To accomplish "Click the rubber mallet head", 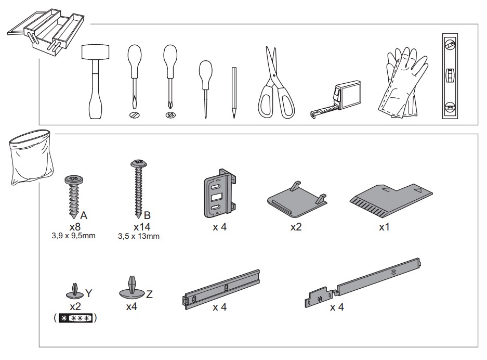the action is (95, 52).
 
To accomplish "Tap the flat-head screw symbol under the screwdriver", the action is (135, 115).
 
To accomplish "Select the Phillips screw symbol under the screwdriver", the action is (171, 115).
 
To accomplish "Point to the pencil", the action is (234, 92).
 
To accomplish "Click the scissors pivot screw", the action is (273, 75).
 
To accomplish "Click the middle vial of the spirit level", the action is (450, 75).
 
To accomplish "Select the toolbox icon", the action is (46, 33).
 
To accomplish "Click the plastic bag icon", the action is (30, 157).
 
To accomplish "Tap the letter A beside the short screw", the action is (84, 215).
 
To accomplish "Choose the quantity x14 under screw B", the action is (142, 226).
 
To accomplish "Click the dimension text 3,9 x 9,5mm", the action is (74, 236).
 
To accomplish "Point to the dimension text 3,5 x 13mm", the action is (139, 236).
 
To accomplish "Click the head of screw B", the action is (139, 163).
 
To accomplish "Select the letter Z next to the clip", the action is (149, 294).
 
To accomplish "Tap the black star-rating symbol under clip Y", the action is (75, 318).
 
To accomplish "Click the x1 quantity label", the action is (384, 227).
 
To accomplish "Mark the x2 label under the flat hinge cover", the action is (296, 227).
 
